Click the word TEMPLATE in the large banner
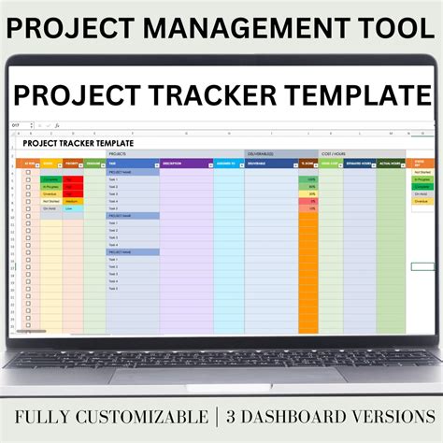359,95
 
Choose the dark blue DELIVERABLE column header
268,164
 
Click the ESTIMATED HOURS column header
359,164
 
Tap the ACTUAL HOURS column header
390,164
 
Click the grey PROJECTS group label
118,152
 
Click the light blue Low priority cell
72,208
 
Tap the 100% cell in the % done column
307,179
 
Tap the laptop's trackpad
221,374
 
